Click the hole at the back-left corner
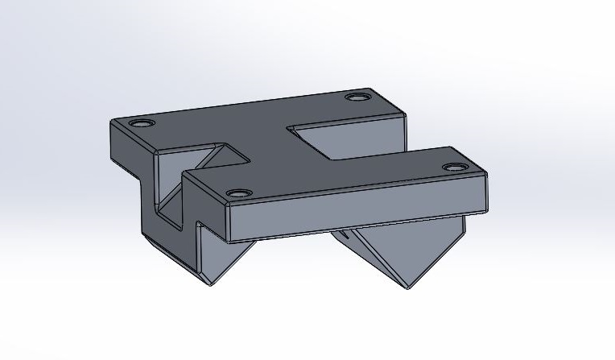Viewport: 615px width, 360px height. point(142,124)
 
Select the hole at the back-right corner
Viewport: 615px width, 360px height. point(356,97)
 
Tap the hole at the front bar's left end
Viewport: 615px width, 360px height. point(238,193)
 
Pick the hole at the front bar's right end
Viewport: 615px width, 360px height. point(453,167)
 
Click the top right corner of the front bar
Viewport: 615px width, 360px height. point(487,172)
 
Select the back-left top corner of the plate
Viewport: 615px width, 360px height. point(112,121)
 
